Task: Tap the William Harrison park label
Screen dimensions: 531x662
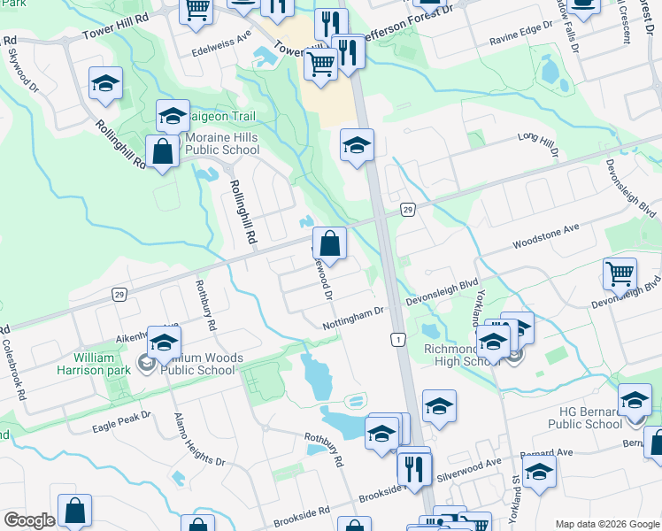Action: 94,364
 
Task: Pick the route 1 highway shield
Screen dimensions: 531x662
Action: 398,340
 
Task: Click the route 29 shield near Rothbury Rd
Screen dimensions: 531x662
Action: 119,294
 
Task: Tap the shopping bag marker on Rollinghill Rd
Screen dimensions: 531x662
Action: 164,151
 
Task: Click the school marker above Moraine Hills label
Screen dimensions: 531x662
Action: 173,115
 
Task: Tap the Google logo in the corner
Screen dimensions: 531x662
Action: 28,520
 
